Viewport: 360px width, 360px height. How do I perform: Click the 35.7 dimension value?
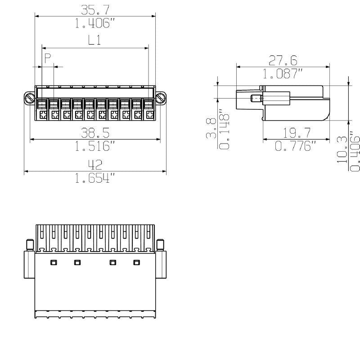[95, 9]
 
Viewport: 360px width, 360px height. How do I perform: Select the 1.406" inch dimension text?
[95, 23]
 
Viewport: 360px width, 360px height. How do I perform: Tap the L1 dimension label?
[94, 40]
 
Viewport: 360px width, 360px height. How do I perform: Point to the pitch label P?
[47, 58]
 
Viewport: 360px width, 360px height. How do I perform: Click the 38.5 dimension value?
[95, 133]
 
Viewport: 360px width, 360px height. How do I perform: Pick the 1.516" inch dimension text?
[95, 146]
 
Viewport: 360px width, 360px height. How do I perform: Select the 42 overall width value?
[95, 164]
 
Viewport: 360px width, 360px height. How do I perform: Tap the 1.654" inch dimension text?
[95, 179]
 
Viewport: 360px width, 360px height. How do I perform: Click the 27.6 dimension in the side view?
[283, 60]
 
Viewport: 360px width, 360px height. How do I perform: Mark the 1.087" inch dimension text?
[283, 74]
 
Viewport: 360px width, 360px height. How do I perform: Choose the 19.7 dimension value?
[296, 133]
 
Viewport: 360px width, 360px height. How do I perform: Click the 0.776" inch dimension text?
[296, 146]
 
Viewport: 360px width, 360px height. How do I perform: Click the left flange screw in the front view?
[29, 98]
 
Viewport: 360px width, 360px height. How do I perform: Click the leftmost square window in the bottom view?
[54, 262]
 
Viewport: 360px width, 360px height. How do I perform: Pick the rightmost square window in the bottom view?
[136, 262]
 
